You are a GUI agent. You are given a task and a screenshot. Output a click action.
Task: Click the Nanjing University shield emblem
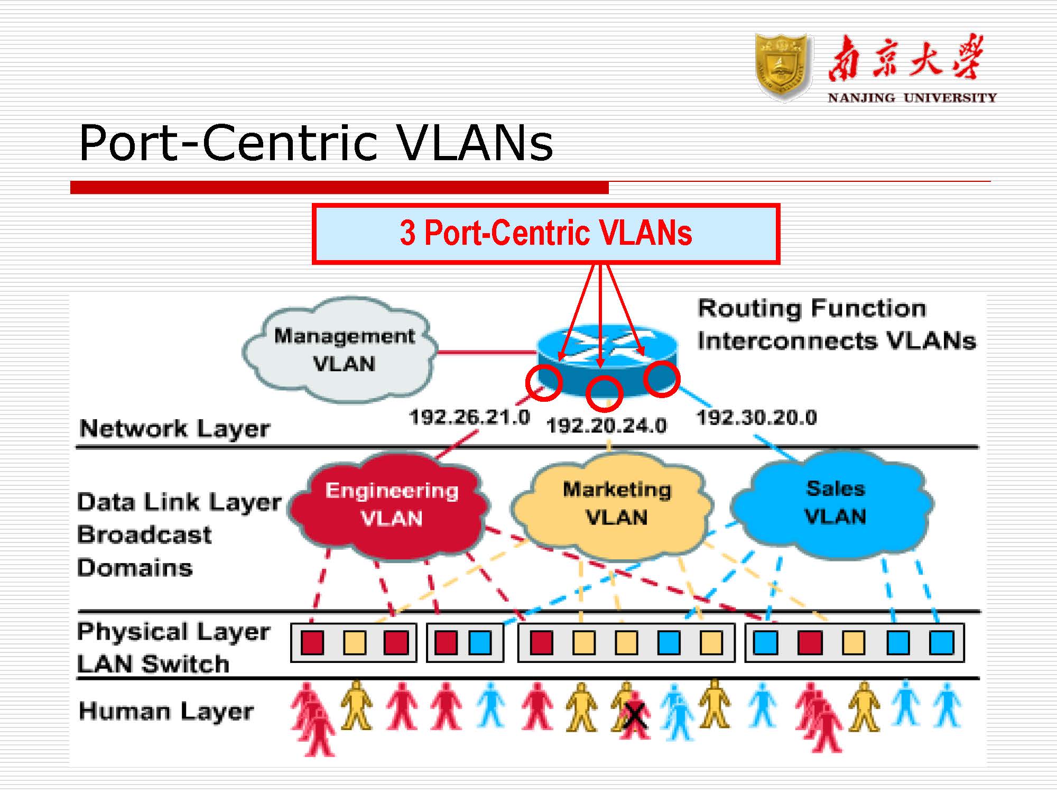[783, 67]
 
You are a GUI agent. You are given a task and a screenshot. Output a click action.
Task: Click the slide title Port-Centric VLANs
[316, 143]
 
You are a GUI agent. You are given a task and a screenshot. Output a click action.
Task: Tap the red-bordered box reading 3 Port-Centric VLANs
[545, 233]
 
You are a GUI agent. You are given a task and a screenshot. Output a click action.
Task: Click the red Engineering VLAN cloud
[391, 505]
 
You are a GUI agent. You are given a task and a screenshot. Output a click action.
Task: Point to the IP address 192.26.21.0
[469, 417]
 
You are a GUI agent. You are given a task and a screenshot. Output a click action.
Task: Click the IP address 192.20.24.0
[606, 426]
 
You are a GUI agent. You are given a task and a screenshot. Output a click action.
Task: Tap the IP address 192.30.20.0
[756, 418]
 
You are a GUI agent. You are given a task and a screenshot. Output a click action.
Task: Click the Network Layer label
[174, 428]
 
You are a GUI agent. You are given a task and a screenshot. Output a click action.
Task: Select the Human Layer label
[166, 711]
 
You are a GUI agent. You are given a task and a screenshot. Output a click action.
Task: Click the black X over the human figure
[635, 716]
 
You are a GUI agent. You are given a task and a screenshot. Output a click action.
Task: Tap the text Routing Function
[812, 308]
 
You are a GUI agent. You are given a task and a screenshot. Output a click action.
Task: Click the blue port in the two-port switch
[480, 643]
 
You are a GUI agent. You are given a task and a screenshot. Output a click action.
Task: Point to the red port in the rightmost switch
[810, 643]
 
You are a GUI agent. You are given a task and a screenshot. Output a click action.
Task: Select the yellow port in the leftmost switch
[354, 643]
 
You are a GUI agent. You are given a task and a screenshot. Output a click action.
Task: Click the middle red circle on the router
[604, 394]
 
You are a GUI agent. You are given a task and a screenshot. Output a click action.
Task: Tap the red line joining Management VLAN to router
[486, 352]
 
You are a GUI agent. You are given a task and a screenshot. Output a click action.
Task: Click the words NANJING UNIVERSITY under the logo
[912, 98]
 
